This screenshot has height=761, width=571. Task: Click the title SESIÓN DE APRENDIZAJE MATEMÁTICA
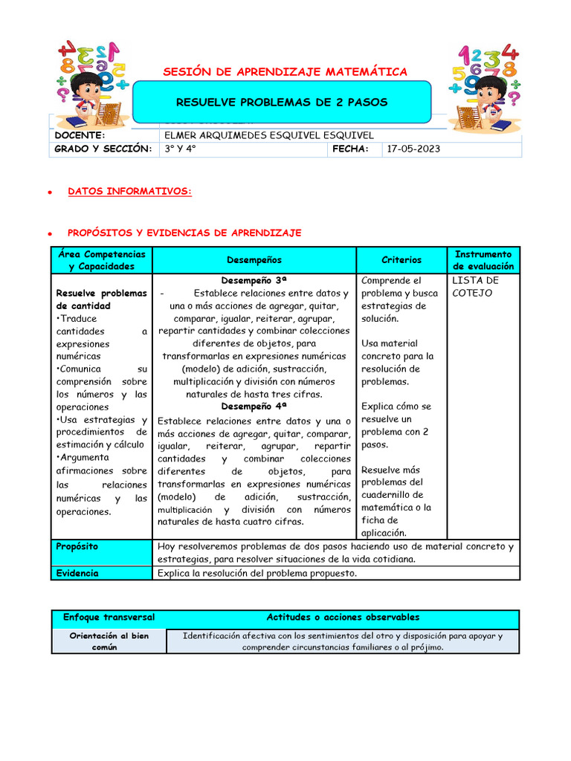pos(285,71)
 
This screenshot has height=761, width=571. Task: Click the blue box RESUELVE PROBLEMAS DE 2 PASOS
pos(282,102)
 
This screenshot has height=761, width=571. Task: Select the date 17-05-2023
pos(414,149)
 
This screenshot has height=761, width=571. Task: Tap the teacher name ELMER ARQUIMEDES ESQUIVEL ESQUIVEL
pos(268,135)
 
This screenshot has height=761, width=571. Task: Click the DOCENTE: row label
pos(80,135)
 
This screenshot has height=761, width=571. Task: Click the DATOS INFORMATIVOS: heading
pos(129,192)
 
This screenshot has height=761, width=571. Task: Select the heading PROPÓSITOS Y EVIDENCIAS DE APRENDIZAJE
pos(184,233)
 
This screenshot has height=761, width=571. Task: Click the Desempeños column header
pos(254,260)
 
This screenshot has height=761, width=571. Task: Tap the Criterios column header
pos(401,260)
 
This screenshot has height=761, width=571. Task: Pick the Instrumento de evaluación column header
pos(483,260)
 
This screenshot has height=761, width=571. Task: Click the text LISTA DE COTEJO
pos(475,287)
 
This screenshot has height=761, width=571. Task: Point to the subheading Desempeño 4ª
pos(254,407)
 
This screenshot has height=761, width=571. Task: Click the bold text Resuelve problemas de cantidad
pos(101,299)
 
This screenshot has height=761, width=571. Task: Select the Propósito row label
pos(77,546)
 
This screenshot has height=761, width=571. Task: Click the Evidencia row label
pos(77,573)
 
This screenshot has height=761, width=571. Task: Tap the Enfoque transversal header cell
pos(109,618)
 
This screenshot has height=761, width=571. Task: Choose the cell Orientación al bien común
pos(109,641)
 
